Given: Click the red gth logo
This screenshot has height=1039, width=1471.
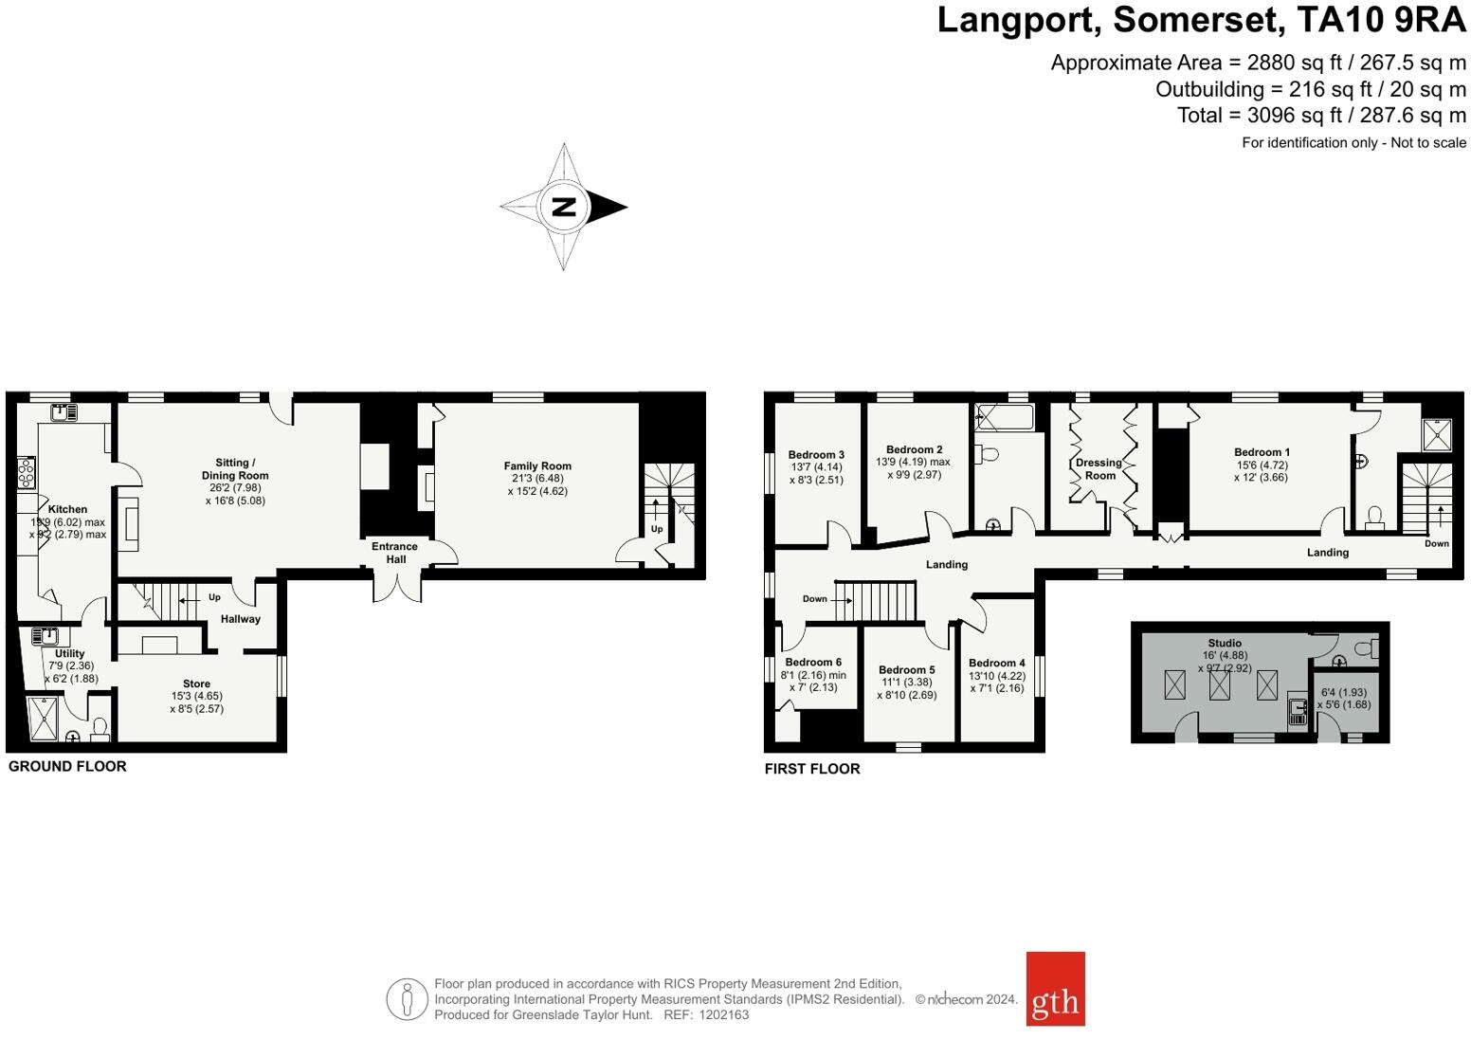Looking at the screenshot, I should (1055, 989).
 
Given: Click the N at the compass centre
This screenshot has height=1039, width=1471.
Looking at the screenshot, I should (564, 207).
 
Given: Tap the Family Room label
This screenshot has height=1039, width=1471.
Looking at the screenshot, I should (537, 466).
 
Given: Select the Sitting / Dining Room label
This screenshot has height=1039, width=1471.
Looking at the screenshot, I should (235, 469).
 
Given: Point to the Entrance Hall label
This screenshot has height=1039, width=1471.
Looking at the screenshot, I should (394, 553).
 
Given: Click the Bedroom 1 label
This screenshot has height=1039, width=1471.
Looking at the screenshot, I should (1262, 452).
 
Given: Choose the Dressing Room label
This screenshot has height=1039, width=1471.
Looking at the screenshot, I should (1099, 469).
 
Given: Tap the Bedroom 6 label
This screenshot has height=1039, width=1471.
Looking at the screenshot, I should (812, 663).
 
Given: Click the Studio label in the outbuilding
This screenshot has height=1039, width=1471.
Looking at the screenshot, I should (1225, 643).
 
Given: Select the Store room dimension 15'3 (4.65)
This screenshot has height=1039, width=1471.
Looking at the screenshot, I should (197, 696).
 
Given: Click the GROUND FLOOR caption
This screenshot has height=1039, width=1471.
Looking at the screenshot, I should (67, 766).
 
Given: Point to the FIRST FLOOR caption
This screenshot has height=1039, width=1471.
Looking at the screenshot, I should (812, 769).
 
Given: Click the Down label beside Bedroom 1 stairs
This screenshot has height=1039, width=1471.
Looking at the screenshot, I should (1436, 543).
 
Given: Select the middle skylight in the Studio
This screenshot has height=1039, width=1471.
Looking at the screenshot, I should (1219, 684).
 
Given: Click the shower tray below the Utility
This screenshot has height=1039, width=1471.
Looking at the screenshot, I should (44, 718).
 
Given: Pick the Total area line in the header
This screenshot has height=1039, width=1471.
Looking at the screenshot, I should (1321, 116).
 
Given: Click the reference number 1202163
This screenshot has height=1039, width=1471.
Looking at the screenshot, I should (723, 1014).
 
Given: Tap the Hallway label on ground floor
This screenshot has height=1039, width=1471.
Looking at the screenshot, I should (241, 619).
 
